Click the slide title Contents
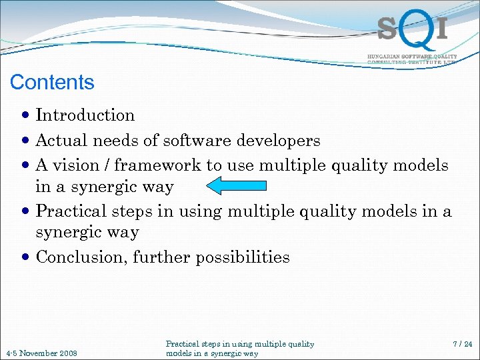52,83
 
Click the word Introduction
85,115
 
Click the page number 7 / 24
461,344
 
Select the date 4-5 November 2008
41,353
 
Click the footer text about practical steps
239,349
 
